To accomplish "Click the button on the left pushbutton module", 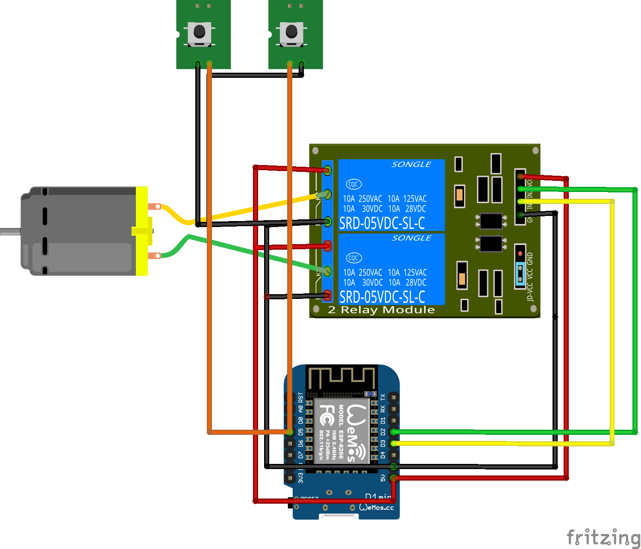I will click(199, 31).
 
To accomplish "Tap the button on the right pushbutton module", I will click(291, 31).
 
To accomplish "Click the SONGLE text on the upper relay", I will click(412, 165).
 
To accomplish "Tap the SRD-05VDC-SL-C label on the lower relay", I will click(382, 297).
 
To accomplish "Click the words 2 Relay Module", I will click(381, 310).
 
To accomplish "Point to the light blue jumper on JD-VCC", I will click(520, 274).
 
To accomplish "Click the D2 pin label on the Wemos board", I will click(383, 432).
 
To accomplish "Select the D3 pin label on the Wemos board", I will click(383, 443).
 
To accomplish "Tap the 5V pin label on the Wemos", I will click(383, 478).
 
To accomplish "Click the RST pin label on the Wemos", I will click(301, 398).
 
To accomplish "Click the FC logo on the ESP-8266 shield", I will click(327, 415).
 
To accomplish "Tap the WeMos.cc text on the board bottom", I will click(376, 508).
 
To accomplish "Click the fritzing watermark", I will click(603, 537).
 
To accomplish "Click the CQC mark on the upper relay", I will click(353, 184).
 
